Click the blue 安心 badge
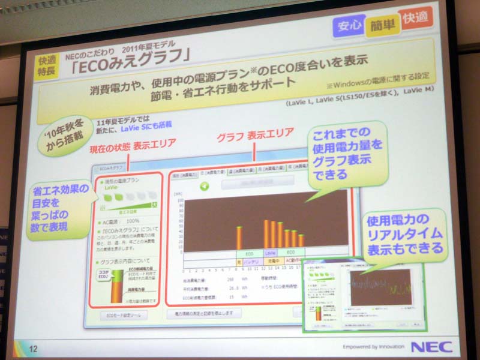point(349,27)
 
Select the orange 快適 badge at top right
point(415,20)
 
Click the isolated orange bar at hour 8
point(239,238)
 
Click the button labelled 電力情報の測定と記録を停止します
point(203,313)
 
